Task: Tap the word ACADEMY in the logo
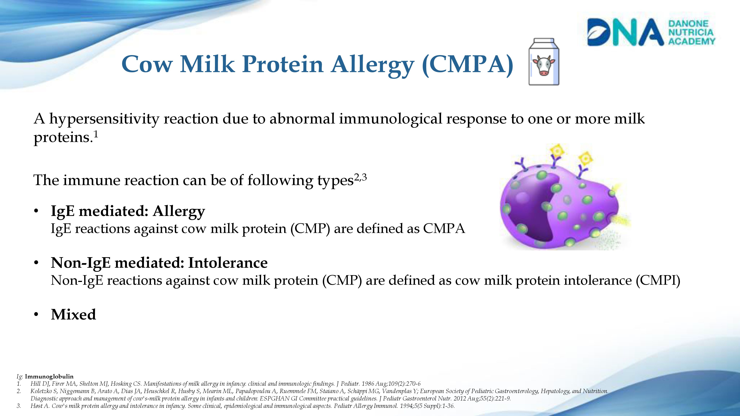point(692,41)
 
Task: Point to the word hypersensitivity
point(104,119)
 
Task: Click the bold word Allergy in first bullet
point(179,212)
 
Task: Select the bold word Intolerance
point(228,263)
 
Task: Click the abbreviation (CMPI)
point(658,280)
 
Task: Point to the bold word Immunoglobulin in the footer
point(49,376)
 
